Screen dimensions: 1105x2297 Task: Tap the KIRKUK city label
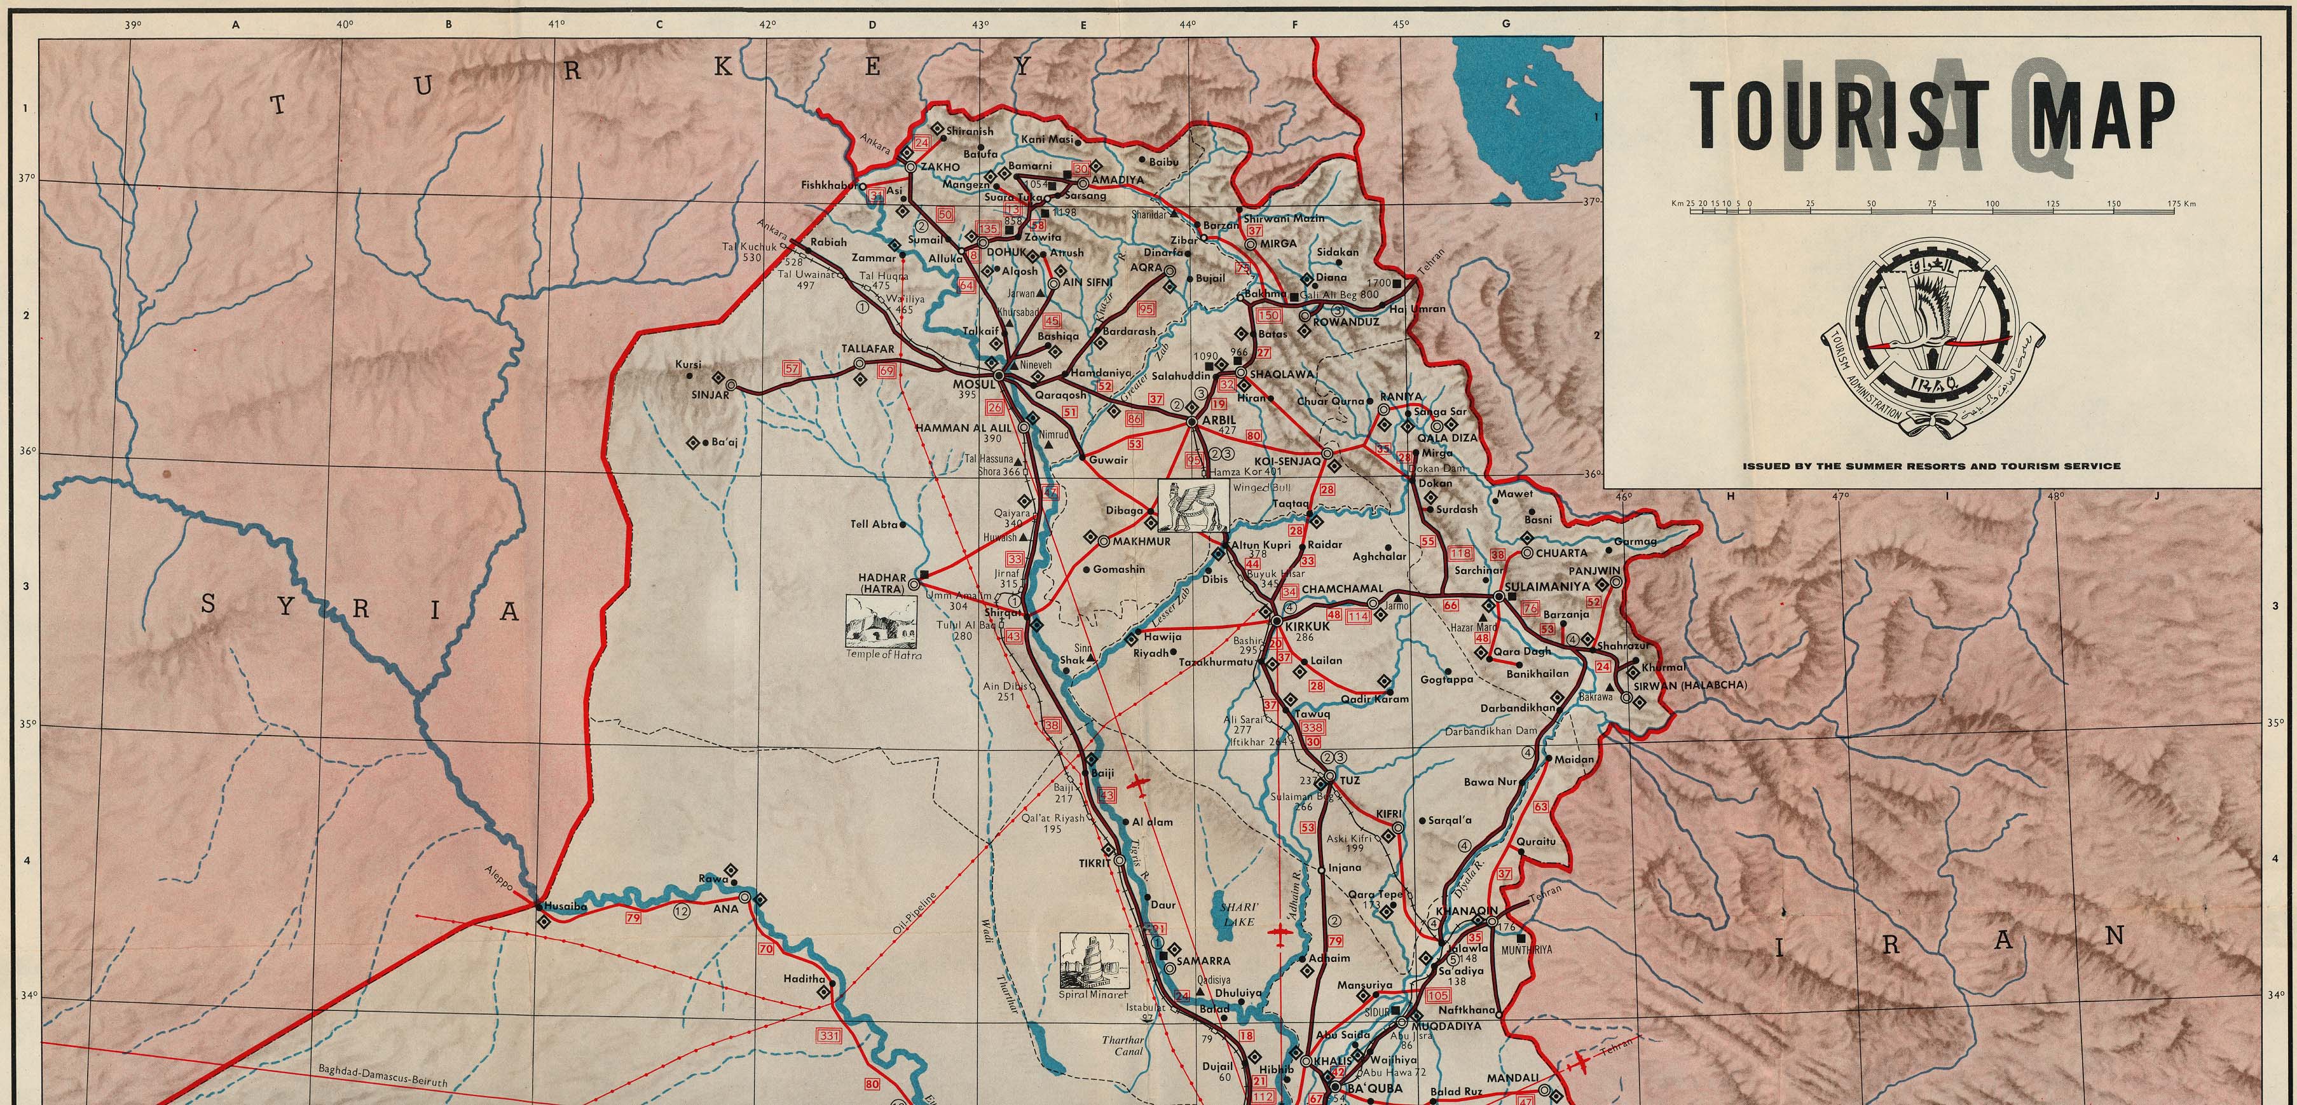[1306, 626]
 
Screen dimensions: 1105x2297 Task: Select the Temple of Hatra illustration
[881, 622]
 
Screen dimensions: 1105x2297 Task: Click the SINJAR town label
[710, 395]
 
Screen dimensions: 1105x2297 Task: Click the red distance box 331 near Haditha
[828, 1036]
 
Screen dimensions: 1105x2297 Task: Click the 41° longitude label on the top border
[556, 25]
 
